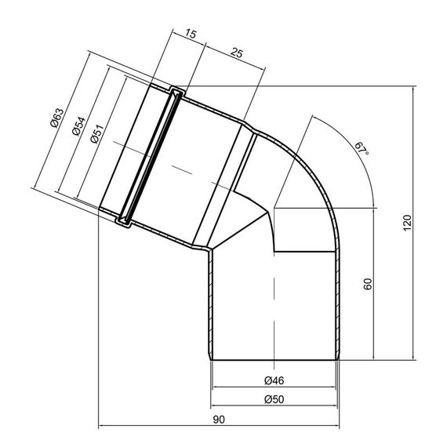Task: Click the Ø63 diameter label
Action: pos(56,118)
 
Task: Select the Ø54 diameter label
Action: pos(79,126)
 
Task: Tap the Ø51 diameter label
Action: pos(97,133)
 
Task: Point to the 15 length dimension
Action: pos(191,34)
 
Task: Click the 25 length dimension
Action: pos(237,53)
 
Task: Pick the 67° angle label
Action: pos(362,148)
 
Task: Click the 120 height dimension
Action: pos(408,223)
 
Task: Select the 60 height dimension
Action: pos(368,284)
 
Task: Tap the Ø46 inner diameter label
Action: pos(274,380)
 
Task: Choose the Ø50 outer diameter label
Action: pos(274,399)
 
